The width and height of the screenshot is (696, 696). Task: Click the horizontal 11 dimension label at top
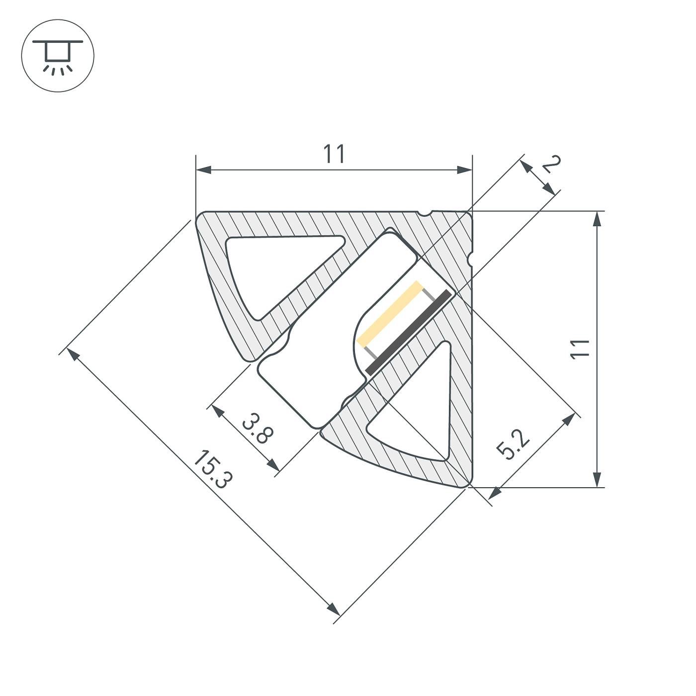click(x=334, y=154)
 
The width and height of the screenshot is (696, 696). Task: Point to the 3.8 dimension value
click(x=258, y=428)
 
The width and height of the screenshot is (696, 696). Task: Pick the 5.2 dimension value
click(x=514, y=444)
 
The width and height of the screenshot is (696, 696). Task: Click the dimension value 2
click(x=551, y=164)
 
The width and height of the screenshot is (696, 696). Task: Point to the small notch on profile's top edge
click(x=424, y=214)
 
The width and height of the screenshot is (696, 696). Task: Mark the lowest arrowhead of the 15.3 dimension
click(x=334, y=609)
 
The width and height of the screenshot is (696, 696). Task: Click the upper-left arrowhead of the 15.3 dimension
click(x=72, y=353)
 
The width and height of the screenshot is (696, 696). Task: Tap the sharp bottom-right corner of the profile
click(x=470, y=485)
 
